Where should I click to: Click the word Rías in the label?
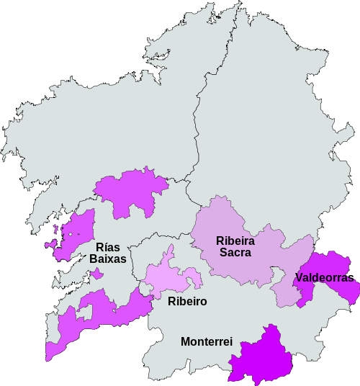(x=108, y=247)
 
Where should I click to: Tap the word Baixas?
(x=108, y=259)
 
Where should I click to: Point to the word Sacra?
(x=235, y=253)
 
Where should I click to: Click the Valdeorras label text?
(x=324, y=277)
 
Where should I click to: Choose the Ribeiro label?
(x=187, y=302)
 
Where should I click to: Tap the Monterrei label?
(x=207, y=341)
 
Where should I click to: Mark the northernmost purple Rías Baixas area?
(x=130, y=191)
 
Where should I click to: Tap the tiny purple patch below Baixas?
(x=97, y=274)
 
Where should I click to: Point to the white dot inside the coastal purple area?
(x=71, y=234)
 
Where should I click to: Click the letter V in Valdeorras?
(x=299, y=277)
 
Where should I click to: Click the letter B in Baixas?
(x=94, y=259)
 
